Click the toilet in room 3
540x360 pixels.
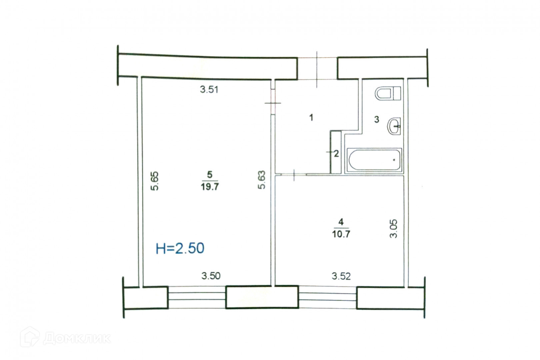click(388, 93)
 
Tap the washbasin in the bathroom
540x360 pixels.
click(394, 126)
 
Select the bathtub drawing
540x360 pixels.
click(374, 160)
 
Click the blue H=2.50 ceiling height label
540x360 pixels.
click(180, 248)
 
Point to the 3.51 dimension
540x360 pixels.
click(209, 90)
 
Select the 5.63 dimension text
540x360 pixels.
click(262, 180)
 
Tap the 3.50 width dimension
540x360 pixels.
click(211, 276)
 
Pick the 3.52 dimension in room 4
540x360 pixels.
click(341, 276)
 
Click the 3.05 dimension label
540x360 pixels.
click(393, 229)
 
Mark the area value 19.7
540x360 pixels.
click(210, 187)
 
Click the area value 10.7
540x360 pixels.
click(341, 234)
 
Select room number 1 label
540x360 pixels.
click(311, 118)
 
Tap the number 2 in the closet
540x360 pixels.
click(336, 153)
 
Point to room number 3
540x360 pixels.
click(377, 119)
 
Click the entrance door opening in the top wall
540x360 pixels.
click(317, 68)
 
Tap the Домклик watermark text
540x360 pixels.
click(77, 339)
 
